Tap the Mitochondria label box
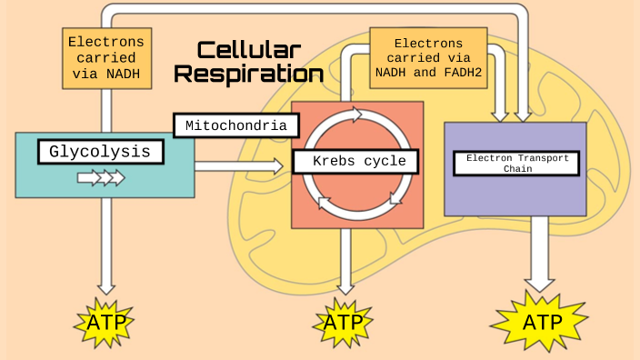235,125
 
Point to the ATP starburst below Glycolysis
105,322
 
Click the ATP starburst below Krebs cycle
344,323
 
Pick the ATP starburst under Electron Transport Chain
541,321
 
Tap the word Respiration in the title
248,75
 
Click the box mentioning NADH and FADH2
427,57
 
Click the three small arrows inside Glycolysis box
100,177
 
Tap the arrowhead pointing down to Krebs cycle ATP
344,285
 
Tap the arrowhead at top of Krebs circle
355,115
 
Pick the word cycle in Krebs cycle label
388,162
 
